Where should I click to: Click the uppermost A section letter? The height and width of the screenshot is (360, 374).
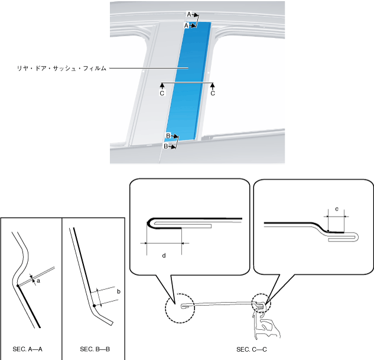click(x=189, y=14)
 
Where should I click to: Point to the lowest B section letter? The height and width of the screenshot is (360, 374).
click(x=167, y=146)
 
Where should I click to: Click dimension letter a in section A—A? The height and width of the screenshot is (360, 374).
click(x=38, y=282)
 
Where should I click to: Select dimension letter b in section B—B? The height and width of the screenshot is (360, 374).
click(x=119, y=292)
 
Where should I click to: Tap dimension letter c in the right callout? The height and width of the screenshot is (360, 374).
click(x=336, y=209)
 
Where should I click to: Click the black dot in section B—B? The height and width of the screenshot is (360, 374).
click(x=94, y=306)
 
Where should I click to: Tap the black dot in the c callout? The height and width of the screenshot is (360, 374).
click(x=327, y=231)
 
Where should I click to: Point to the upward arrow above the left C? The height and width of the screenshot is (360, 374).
click(x=162, y=86)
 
